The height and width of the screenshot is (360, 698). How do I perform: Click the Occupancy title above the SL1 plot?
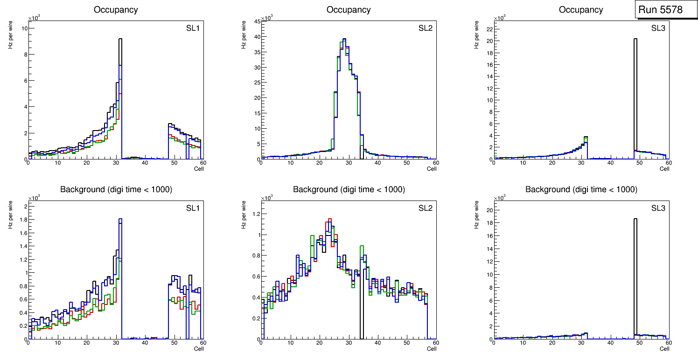click(116, 9)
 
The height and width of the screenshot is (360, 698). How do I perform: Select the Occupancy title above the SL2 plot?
click(349, 9)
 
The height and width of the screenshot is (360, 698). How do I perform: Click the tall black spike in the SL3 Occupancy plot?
click(635, 93)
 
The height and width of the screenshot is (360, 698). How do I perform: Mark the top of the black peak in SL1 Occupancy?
click(120, 39)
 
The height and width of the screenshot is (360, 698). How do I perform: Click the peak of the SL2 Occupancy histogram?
click(344, 39)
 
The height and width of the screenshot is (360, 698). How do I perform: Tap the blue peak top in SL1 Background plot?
click(120, 219)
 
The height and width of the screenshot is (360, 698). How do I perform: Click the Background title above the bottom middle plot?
click(349, 189)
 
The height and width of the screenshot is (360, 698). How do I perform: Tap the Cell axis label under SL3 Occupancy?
click(664, 169)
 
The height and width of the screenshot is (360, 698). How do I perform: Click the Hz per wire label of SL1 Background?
click(10, 215)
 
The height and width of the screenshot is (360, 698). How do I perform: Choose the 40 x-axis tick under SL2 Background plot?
click(377, 343)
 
